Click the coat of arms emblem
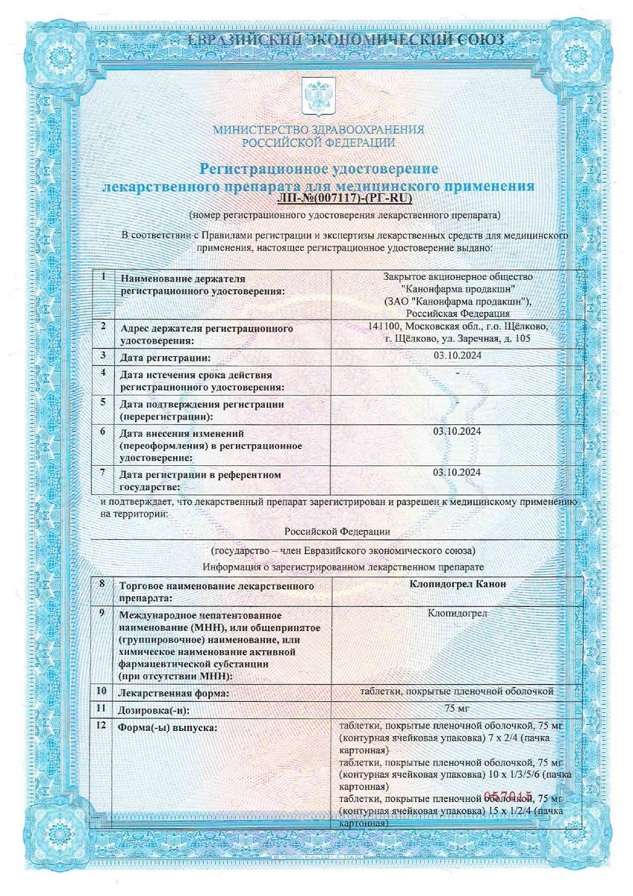(316, 96)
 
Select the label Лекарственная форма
(174, 694)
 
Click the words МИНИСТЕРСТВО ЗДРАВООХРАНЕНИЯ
(318, 129)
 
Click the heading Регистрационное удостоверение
(318, 169)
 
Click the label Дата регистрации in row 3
(166, 357)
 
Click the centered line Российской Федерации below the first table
(337, 531)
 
